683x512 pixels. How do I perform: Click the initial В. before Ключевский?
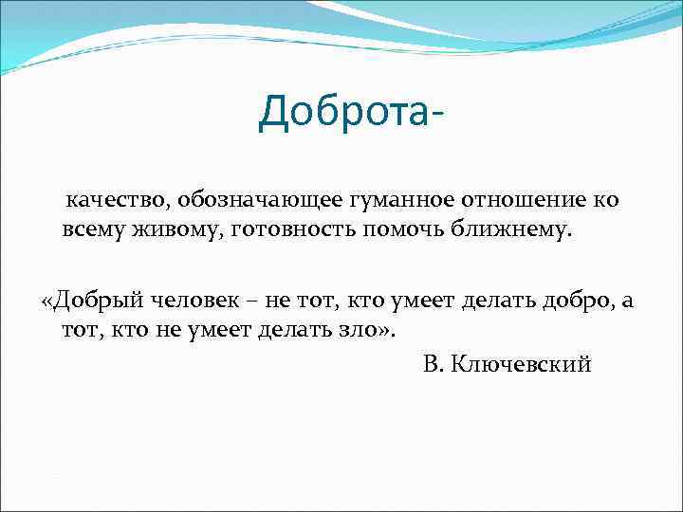click(x=431, y=364)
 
